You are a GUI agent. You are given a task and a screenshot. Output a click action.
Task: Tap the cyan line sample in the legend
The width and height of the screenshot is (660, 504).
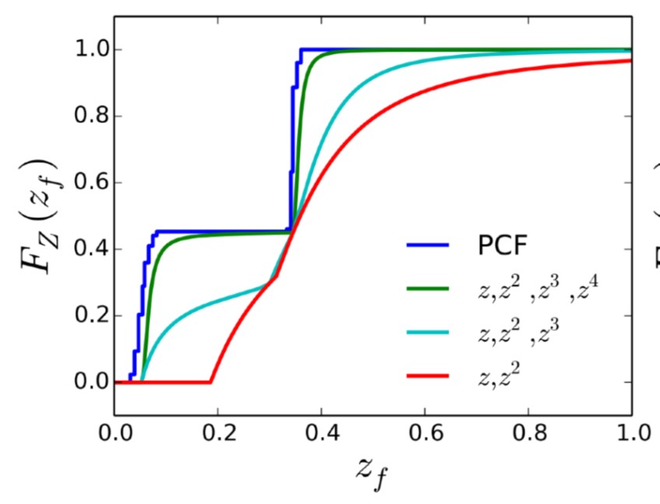pos(427,333)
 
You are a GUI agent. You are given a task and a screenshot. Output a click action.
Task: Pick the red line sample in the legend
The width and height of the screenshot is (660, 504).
pos(427,377)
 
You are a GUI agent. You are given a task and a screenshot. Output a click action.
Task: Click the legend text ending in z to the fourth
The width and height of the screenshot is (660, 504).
pos(540,289)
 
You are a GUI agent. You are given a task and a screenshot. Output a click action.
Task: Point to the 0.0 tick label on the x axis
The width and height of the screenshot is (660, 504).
pos(114,431)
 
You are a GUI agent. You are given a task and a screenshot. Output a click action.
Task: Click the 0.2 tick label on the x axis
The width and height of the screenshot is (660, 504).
pos(218,431)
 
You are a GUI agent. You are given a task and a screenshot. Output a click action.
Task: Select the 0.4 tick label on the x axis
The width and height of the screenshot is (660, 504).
pos(321,431)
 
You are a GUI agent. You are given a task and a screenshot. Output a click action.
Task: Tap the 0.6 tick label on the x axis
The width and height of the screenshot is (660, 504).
pos(425,431)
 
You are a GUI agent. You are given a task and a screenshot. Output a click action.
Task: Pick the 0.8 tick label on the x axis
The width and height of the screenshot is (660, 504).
pos(528,431)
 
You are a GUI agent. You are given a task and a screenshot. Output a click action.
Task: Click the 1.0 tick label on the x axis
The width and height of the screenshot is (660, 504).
pos(631,431)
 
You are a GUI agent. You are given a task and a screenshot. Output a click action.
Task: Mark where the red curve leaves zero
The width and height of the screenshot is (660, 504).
pos(210,382)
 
